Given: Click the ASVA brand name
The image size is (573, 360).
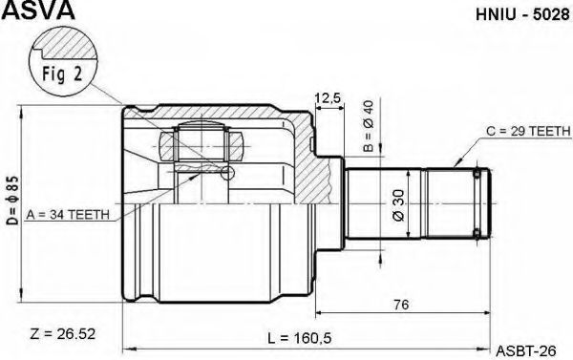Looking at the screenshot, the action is tap(38, 10).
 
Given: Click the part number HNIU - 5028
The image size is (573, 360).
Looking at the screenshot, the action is tap(522, 14).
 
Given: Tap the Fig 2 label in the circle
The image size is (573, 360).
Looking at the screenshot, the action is tap(62, 74).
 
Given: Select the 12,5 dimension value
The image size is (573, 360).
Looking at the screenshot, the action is tap(328, 98).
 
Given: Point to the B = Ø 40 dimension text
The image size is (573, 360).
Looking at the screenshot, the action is tap(369, 126).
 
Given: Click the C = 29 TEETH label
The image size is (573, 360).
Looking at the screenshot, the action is tap(528, 131).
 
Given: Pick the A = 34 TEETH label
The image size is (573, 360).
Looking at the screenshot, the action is tap(68, 215).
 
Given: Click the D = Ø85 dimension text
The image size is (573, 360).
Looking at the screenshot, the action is tap(13, 201).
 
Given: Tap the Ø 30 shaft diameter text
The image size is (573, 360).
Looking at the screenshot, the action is tap(398, 205).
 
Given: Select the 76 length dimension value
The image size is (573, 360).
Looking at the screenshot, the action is tap(401, 304).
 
